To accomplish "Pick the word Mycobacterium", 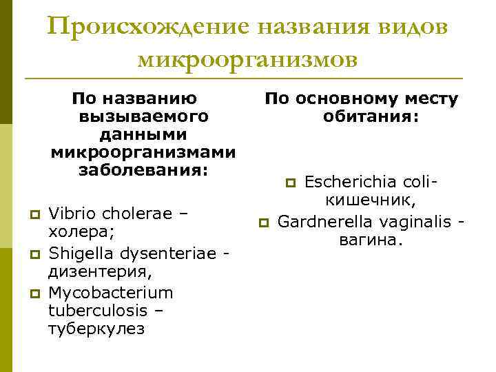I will (110, 293).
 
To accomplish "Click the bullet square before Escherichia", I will (291, 183).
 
